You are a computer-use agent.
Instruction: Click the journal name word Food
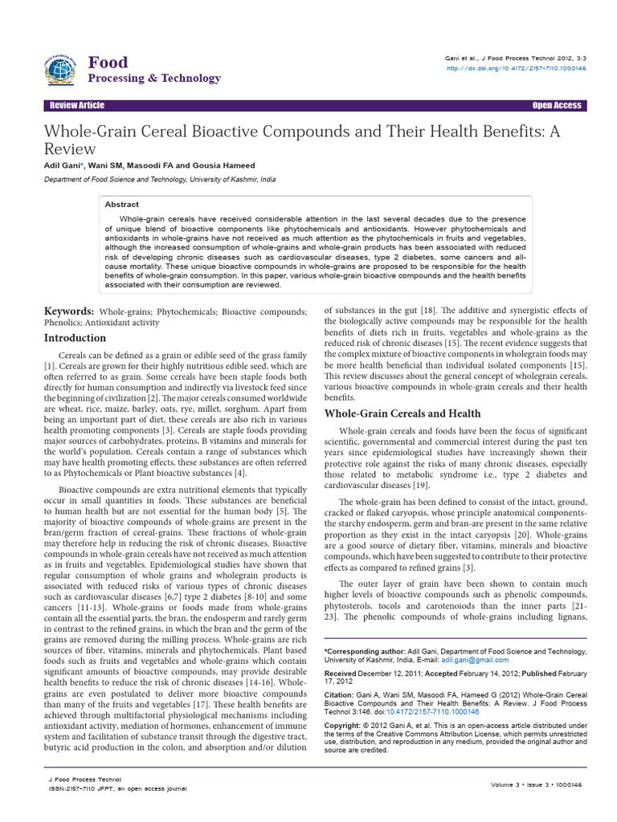pyautogui.click(x=108, y=63)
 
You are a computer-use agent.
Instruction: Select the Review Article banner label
pyautogui.click(x=77, y=106)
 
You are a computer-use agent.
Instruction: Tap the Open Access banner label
pyautogui.click(x=556, y=106)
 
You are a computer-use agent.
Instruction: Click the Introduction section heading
pyautogui.click(x=75, y=338)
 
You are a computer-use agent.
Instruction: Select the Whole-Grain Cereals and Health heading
pyautogui.click(x=402, y=413)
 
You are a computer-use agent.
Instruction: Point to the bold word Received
pyautogui.click(x=342, y=673)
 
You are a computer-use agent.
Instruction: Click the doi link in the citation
pyautogui.click(x=433, y=711)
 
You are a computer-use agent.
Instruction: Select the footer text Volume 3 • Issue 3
pyautogui.click(x=519, y=783)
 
